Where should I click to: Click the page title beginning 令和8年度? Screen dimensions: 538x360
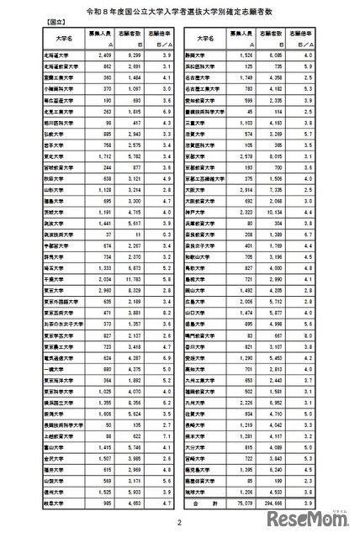click(x=180, y=14)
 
